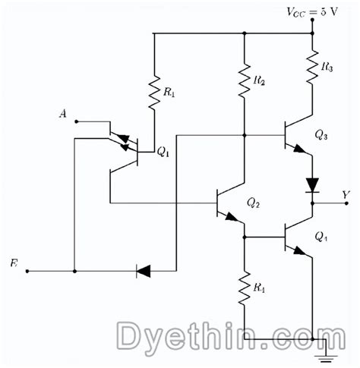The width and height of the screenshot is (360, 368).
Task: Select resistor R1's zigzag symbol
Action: (154, 92)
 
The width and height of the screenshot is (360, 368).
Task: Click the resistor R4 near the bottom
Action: (245, 289)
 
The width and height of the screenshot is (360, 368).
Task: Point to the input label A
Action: (63, 115)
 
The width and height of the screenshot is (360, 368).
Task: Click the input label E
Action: (14, 263)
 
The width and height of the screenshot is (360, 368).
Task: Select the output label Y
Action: (346, 196)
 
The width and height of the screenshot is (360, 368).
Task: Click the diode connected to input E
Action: (144, 270)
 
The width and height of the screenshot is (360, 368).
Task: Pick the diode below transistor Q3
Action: (312, 184)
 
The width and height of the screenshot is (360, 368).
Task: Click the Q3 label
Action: (321, 135)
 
